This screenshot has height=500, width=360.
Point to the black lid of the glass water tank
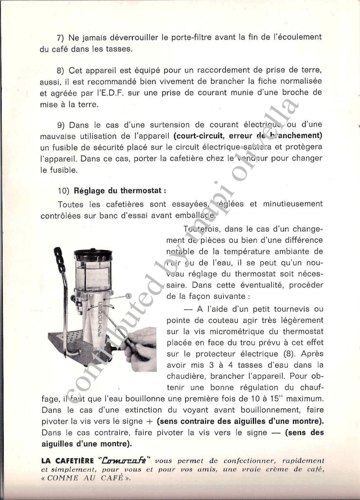[x=93, y=255]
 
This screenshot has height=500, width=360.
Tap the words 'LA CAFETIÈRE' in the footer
[x=67, y=460]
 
